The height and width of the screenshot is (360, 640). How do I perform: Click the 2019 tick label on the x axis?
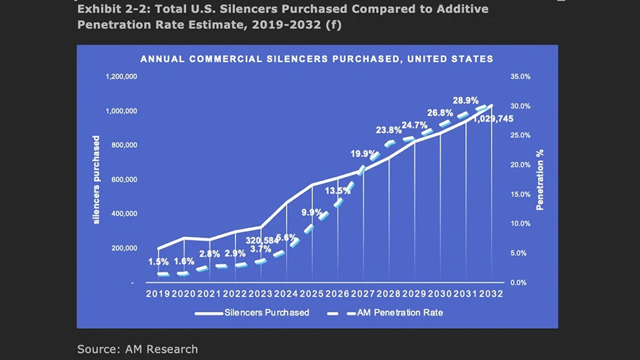tap(158, 294)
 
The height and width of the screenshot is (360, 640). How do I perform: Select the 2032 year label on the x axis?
tap(492, 294)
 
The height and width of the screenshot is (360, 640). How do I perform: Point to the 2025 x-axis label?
tap(312, 294)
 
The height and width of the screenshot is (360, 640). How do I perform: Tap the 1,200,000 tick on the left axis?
tap(122, 77)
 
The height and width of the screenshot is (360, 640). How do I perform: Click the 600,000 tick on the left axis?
tap(124, 180)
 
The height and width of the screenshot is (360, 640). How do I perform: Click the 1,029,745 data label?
tap(493, 119)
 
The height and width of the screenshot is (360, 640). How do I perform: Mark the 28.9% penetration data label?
tap(466, 101)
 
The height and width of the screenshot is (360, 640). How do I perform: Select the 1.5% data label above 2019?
tap(159, 261)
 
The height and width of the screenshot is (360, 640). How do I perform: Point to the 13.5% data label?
tap(338, 191)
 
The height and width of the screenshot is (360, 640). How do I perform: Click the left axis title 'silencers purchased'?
tap(97, 180)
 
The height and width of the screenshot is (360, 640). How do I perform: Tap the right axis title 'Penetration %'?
tap(540, 180)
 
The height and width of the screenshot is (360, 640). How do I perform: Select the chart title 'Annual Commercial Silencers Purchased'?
tap(317, 59)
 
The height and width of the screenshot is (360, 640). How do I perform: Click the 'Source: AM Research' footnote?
tap(138, 349)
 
